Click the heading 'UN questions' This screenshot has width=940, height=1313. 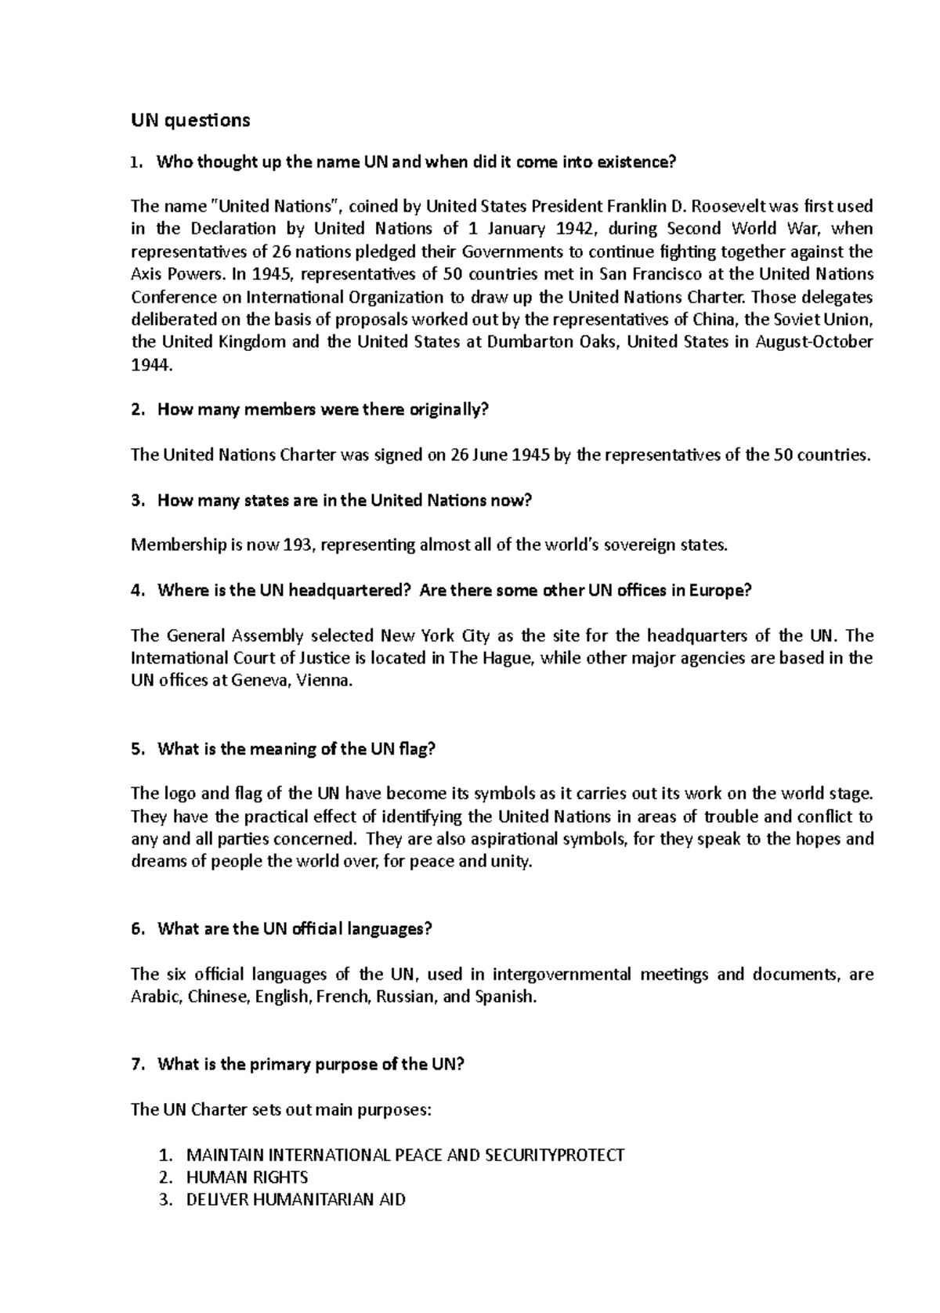(190, 120)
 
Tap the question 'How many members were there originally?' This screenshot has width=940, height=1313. (323, 410)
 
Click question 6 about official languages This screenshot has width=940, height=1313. (295, 929)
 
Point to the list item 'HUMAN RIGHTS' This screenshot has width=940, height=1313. (247, 1177)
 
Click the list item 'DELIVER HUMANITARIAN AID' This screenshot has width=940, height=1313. (295, 1200)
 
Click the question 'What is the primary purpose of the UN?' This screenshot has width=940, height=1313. (311, 1065)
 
